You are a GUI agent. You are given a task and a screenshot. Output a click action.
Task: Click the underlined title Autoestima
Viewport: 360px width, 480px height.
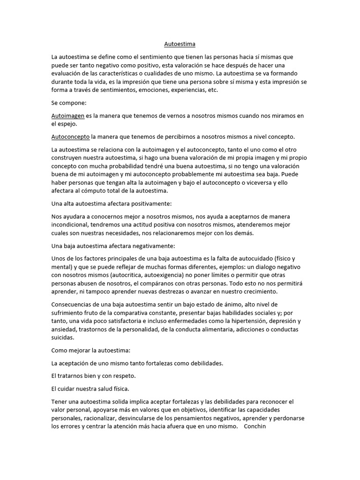(x=180, y=44)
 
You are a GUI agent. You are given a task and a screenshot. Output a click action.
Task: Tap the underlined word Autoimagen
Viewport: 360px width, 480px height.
(x=68, y=115)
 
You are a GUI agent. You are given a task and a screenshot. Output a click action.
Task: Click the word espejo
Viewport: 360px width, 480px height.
(x=68, y=124)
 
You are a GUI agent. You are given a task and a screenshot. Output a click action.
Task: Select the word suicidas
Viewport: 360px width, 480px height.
(x=62, y=337)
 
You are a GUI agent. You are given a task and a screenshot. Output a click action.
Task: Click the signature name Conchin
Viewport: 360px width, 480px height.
(x=255, y=427)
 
